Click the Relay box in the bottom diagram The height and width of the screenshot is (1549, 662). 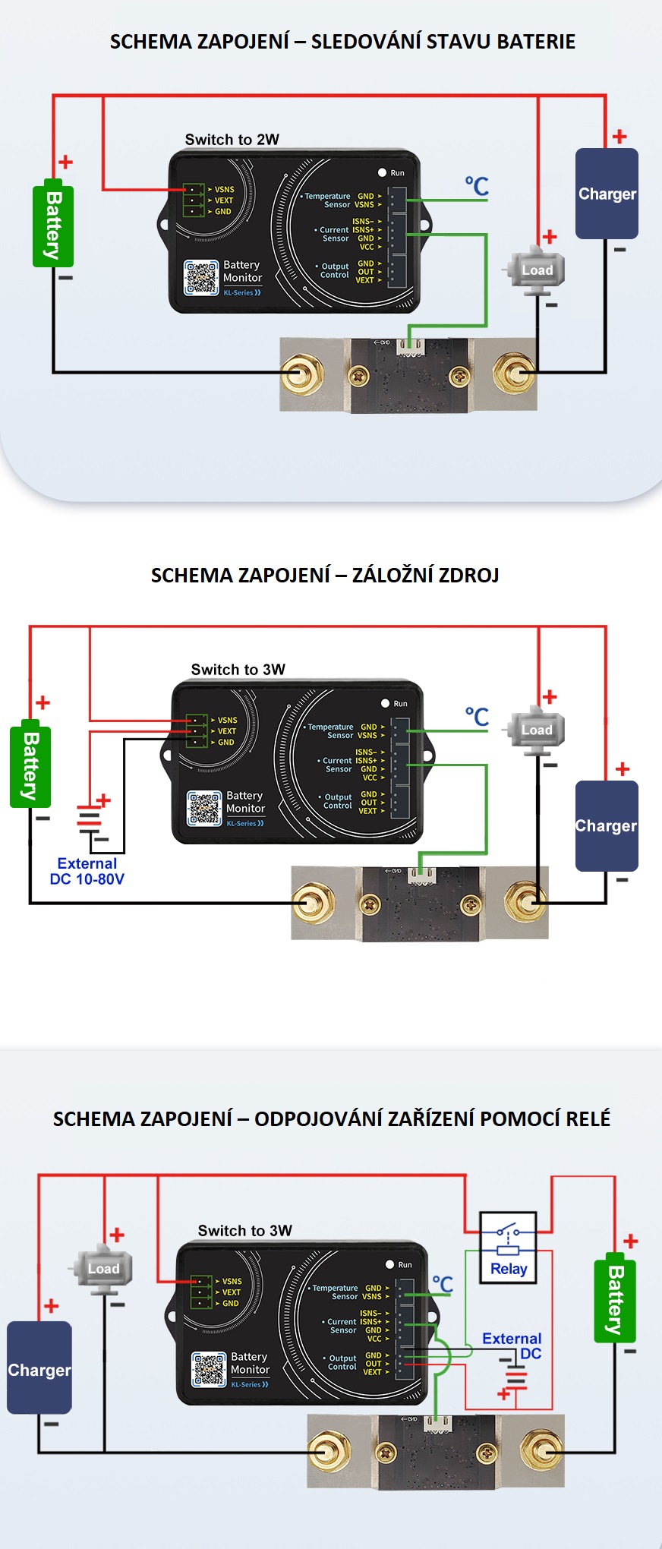click(x=508, y=1248)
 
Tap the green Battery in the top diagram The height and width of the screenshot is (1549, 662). click(x=53, y=226)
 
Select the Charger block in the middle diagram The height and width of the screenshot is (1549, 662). click(x=606, y=825)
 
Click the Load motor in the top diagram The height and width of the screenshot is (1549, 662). click(x=535, y=270)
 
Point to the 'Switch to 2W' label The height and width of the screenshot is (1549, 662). click(x=232, y=140)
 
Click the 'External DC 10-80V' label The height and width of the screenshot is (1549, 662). click(x=87, y=872)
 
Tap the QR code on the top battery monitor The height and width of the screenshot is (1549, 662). click(x=201, y=278)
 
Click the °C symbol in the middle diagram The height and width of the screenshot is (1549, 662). click(x=477, y=716)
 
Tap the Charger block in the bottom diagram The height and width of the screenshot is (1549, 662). click(x=39, y=1369)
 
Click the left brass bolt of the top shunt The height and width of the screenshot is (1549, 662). click(x=302, y=374)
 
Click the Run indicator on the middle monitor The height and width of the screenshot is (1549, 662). click(x=385, y=703)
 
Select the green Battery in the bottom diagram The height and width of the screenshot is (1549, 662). click(x=614, y=1300)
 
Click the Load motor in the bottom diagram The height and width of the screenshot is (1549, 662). click(x=102, y=1268)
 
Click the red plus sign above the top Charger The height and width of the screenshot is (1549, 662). click(x=619, y=136)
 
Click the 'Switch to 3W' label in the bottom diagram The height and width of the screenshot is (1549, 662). click(x=244, y=1230)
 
